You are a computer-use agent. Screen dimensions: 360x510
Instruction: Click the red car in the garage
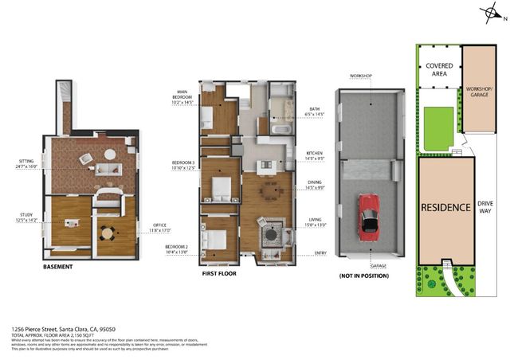pos(369,215)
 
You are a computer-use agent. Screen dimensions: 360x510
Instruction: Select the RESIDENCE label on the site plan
pos(445,207)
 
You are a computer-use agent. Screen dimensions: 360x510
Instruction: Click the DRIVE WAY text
pos(485,207)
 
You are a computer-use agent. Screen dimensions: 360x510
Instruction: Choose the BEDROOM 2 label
pos(176,249)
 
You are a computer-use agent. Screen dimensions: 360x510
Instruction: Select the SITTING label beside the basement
pos(26,164)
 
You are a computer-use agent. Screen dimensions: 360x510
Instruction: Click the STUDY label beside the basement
pos(26,215)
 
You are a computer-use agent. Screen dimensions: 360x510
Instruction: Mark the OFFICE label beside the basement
pos(160,228)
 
